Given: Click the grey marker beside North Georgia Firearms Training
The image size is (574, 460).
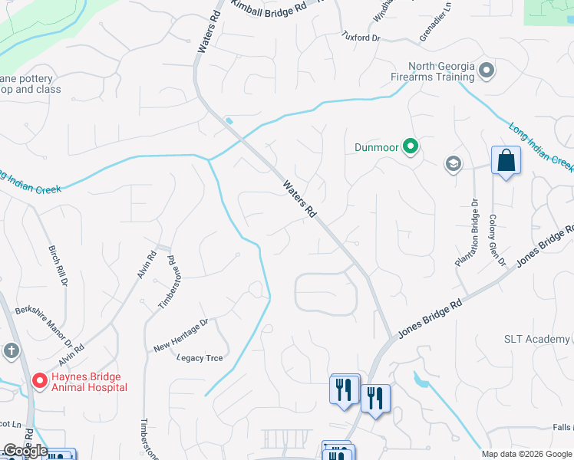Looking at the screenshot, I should click(486, 71).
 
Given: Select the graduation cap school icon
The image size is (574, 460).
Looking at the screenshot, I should click(453, 163).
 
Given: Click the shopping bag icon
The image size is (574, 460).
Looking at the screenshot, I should click(506, 161).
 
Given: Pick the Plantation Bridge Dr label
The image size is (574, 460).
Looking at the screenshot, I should click(467, 233).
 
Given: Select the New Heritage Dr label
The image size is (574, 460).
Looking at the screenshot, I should click(181, 335).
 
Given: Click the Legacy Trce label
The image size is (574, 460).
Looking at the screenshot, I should click(200, 358).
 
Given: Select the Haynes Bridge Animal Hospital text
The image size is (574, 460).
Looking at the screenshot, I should click(89, 382).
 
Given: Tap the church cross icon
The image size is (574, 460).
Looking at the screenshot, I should click(11, 350).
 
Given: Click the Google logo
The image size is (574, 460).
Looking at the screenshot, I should click(25, 451).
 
